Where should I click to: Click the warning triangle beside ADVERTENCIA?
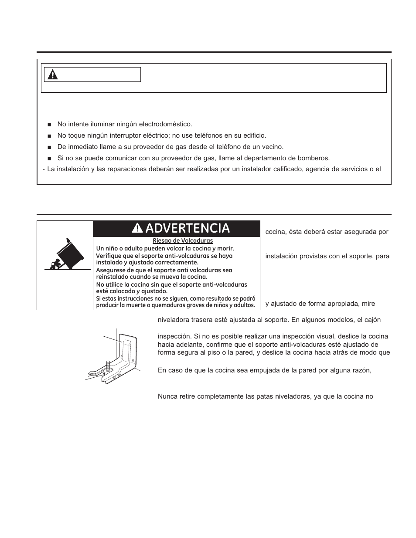point(138,228)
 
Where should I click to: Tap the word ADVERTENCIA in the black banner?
point(188,228)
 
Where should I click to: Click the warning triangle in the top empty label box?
point(53,75)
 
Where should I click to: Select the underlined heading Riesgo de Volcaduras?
point(183,240)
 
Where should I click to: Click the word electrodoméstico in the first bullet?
point(164,124)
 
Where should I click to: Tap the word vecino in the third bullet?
point(273,147)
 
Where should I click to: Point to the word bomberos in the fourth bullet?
point(314,158)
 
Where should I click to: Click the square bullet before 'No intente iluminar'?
point(49,125)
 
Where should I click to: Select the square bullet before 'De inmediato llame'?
point(49,147)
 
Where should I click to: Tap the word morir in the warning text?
point(224,249)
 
